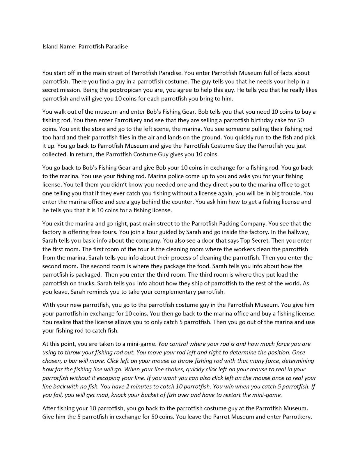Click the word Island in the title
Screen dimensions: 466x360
pos(50,46)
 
